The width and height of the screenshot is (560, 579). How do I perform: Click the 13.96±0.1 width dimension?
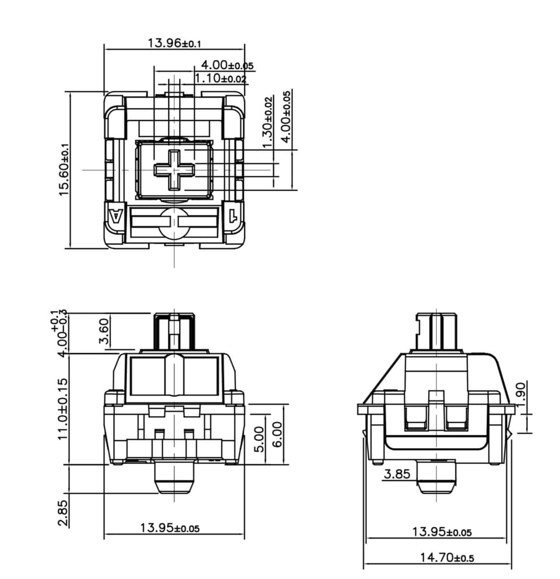174,43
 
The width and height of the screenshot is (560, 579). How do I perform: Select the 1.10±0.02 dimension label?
220,78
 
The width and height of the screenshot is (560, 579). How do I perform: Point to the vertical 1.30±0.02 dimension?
268,121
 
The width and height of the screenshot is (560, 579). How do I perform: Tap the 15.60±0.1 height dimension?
64,169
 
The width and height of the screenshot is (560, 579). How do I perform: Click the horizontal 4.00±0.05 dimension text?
227,65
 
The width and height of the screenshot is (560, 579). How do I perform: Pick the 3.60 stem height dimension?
104,331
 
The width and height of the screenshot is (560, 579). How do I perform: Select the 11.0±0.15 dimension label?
63,409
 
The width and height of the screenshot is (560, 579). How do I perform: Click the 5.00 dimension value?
259,439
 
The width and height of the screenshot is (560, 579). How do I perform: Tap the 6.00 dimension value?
277,434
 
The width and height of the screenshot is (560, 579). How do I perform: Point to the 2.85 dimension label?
63,513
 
